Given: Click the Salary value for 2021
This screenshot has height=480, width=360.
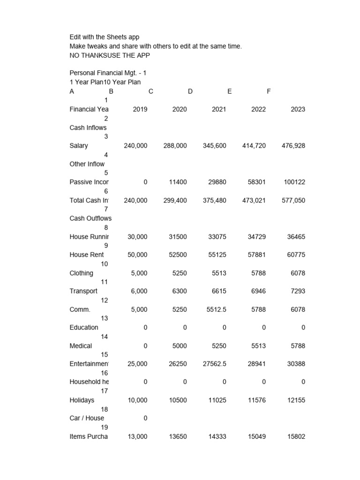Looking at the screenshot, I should tap(214, 146).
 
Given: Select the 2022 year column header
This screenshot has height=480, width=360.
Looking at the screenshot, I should tap(258, 109).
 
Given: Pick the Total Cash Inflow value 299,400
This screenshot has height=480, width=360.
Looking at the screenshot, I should tap(175, 201).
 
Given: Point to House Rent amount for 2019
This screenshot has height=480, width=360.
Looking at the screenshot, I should tap(135, 255).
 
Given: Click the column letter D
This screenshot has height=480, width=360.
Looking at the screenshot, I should tap(190, 91).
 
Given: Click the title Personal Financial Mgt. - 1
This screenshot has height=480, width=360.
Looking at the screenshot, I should tap(108, 73).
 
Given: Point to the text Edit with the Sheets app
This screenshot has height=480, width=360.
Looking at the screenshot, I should tap(104, 37).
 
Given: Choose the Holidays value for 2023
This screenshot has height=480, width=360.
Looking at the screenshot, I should tap(295, 400).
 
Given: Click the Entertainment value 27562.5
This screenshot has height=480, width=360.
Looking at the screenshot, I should tap(214, 364).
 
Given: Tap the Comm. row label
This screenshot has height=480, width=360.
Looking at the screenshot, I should tap(80, 309).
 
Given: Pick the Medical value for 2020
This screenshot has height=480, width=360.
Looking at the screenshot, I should tap(179, 346).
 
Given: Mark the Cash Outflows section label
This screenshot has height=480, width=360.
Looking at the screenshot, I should tap(90, 218).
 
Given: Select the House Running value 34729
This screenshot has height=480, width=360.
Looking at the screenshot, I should tap(256, 237).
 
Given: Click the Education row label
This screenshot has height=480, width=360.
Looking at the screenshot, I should tap(84, 328).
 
